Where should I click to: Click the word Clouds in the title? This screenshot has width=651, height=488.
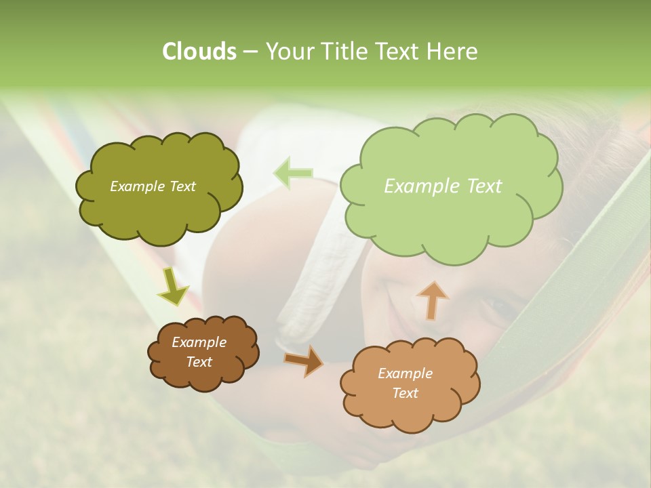tap(199, 52)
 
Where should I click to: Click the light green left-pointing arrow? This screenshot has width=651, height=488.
tap(293, 172)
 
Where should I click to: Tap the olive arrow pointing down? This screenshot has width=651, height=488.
tap(173, 286)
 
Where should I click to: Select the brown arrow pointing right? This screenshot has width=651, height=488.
tap(303, 360)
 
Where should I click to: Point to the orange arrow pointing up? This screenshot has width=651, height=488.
tap(432, 300)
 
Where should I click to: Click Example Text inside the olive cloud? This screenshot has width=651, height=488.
tap(153, 186)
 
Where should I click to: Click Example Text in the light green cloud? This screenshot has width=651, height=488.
tap(443, 186)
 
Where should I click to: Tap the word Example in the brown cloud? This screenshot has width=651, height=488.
tap(199, 342)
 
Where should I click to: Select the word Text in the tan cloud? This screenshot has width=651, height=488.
tap(405, 393)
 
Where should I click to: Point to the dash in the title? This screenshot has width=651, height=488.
tap(250, 52)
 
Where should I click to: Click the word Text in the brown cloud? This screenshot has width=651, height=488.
tap(199, 362)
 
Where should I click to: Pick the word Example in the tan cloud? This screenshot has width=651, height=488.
tap(405, 373)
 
